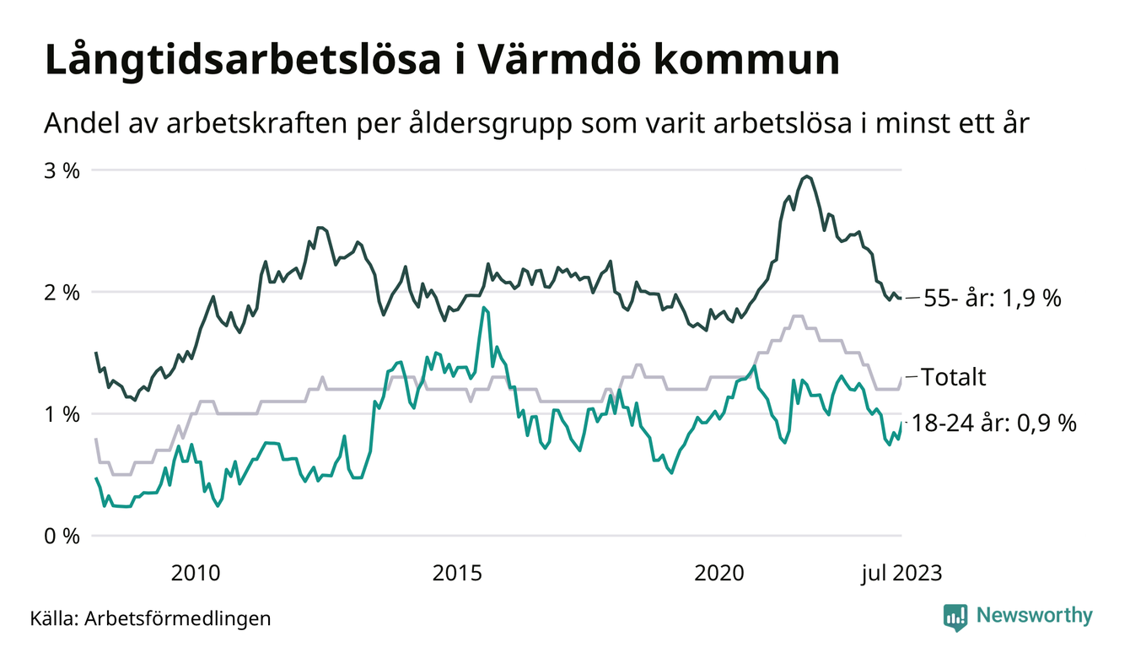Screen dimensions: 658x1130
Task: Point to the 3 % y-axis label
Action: pyautogui.click(x=62, y=170)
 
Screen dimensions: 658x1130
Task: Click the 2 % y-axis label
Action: pyautogui.click(x=62, y=293)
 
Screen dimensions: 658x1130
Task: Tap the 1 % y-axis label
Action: pyautogui.click(x=62, y=414)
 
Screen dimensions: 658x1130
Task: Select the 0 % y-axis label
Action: pyautogui.click(x=62, y=537)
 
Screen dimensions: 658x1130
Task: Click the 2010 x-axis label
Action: pyautogui.click(x=196, y=574)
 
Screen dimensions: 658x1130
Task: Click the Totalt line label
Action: pyautogui.click(x=954, y=377)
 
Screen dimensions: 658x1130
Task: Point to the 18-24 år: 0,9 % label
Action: pyautogui.click(x=995, y=423)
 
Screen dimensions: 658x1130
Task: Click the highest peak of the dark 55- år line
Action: pyautogui.click(x=807, y=176)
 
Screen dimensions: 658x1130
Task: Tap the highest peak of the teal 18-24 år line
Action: pyautogui.click(x=483, y=308)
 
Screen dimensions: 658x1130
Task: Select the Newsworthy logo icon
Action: pyautogui.click(x=955, y=617)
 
